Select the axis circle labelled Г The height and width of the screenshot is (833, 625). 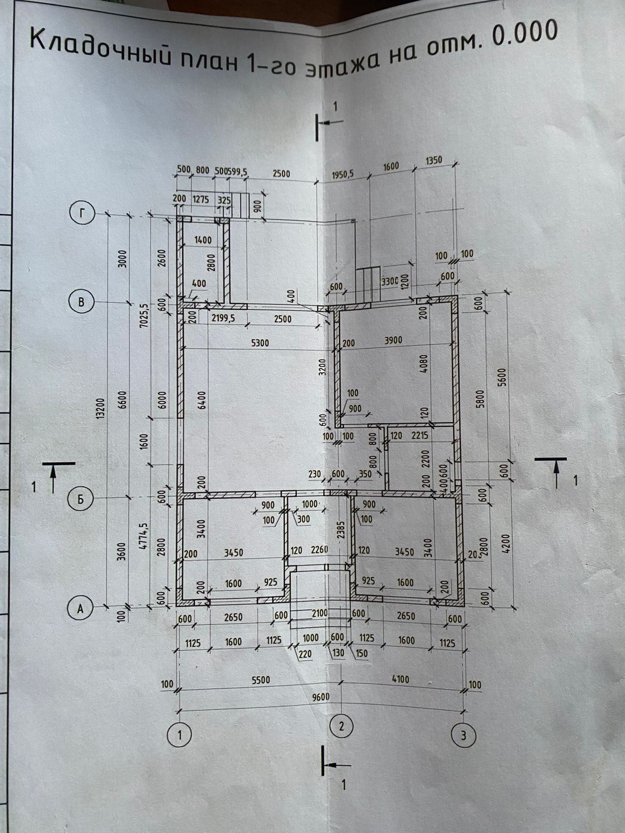point(80,212)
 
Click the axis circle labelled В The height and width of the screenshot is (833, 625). point(80,302)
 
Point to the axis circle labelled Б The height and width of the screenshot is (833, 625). point(80,499)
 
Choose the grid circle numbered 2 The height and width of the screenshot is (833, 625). point(342,726)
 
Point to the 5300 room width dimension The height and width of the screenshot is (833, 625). point(259,343)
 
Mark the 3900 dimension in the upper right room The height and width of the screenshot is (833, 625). point(393,340)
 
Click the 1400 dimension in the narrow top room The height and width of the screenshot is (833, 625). point(203,240)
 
